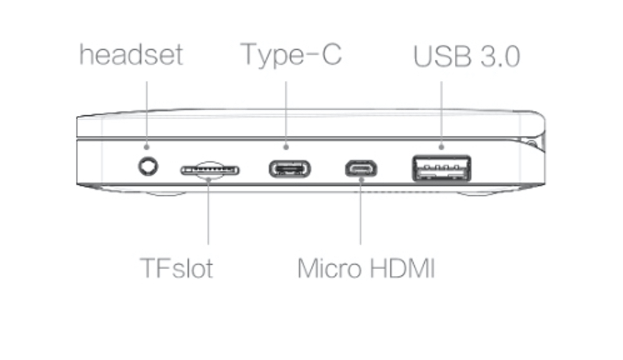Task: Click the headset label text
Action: tap(131, 55)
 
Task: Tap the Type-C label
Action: tap(291, 54)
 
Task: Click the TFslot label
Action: tap(176, 268)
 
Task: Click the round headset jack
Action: tap(148, 166)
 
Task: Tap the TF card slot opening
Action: tap(210, 169)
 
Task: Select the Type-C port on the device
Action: tap(289, 169)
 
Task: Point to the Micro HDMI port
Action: tap(361, 168)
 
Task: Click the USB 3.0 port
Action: tap(441, 168)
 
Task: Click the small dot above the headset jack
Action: tap(147, 147)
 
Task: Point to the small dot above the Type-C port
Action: tap(286, 147)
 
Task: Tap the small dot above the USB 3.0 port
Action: tap(442, 147)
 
